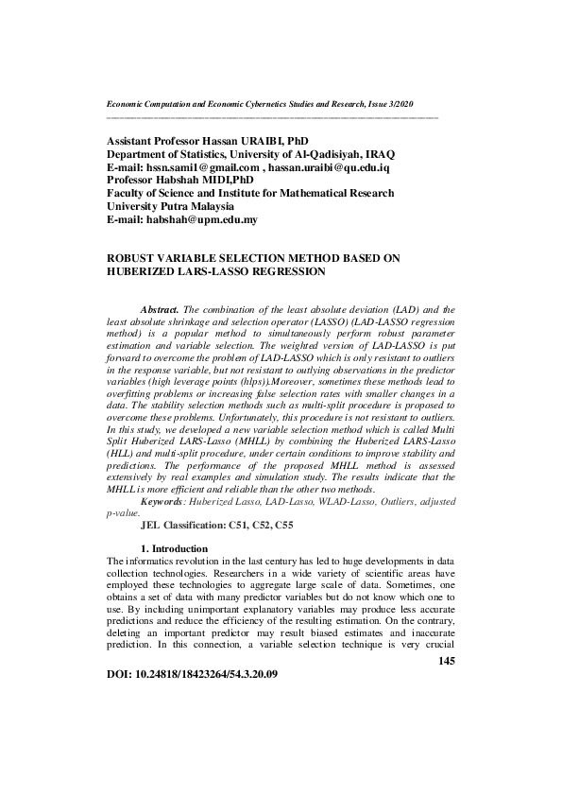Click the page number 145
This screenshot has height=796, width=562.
447,661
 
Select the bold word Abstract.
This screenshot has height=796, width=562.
162,309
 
